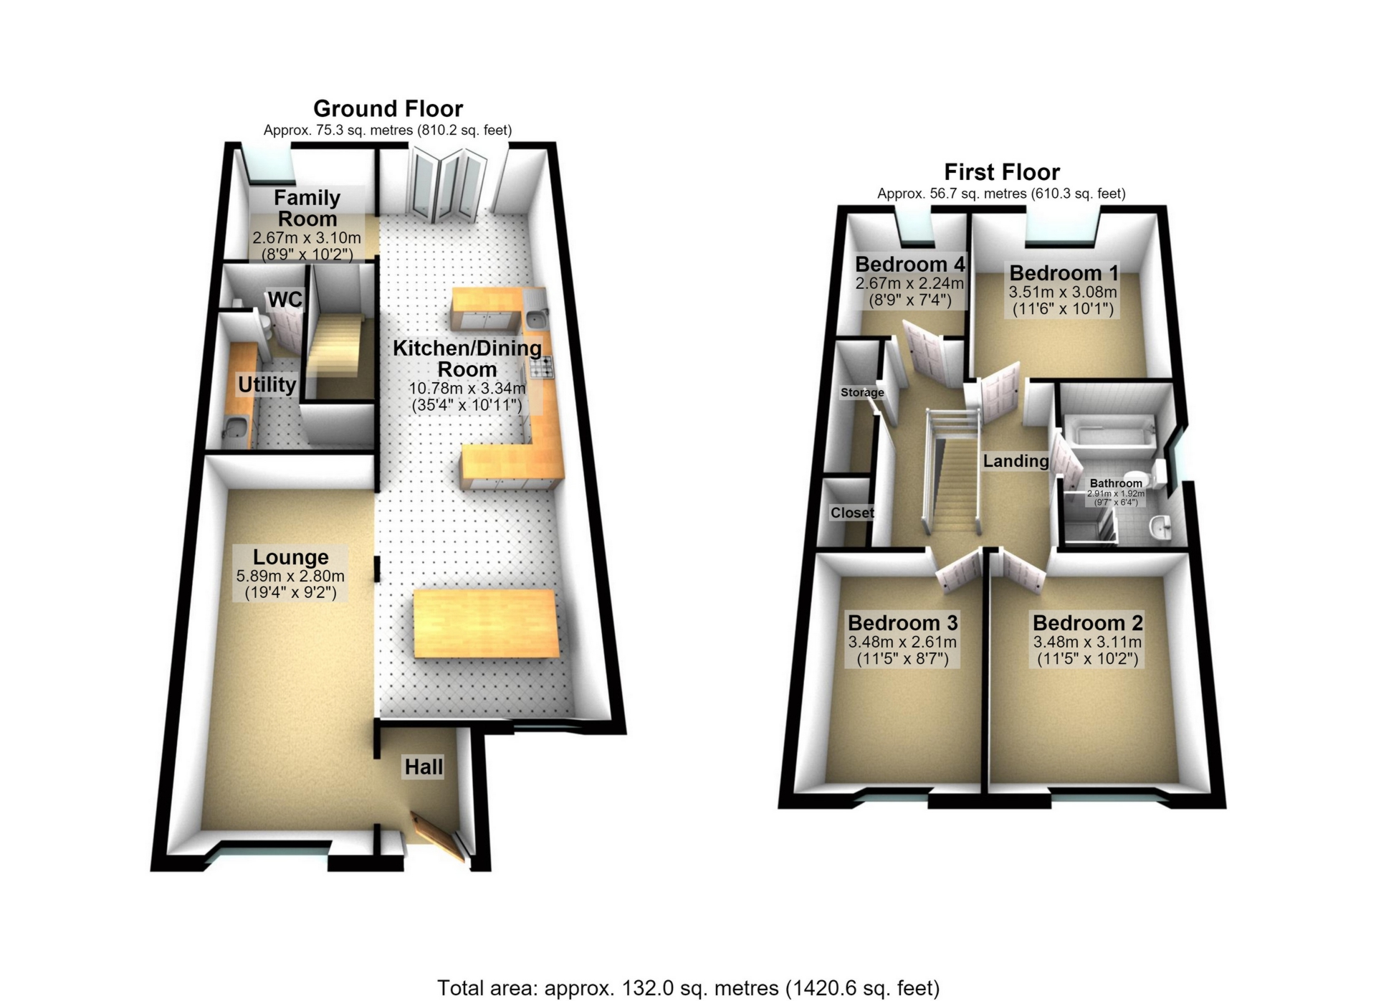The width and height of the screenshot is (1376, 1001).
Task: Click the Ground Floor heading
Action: click(388, 109)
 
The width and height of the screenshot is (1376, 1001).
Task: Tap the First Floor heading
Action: click(1001, 172)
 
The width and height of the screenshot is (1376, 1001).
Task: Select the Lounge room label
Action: click(290, 557)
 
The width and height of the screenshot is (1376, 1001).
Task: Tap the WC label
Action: click(285, 299)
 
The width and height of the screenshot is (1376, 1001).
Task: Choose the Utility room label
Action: click(267, 384)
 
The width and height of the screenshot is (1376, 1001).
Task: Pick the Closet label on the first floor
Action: click(852, 513)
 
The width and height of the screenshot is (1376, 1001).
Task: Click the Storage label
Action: click(862, 392)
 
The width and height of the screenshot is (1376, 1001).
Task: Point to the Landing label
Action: click(1016, 461)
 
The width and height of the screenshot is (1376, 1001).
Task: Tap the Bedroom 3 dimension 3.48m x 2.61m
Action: click(902, 642)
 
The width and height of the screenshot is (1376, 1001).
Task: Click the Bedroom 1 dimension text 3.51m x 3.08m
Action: click(1063, 292)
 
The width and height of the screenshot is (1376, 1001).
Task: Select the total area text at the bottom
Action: click(688, 988)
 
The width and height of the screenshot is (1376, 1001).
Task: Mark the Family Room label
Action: click(307, 208)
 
